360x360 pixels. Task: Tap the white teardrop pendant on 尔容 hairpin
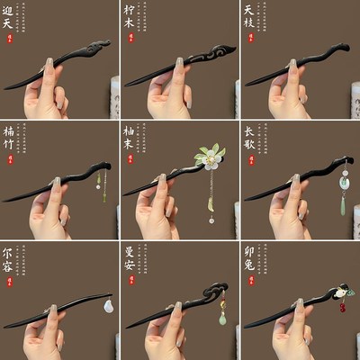(x=109, y=307)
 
